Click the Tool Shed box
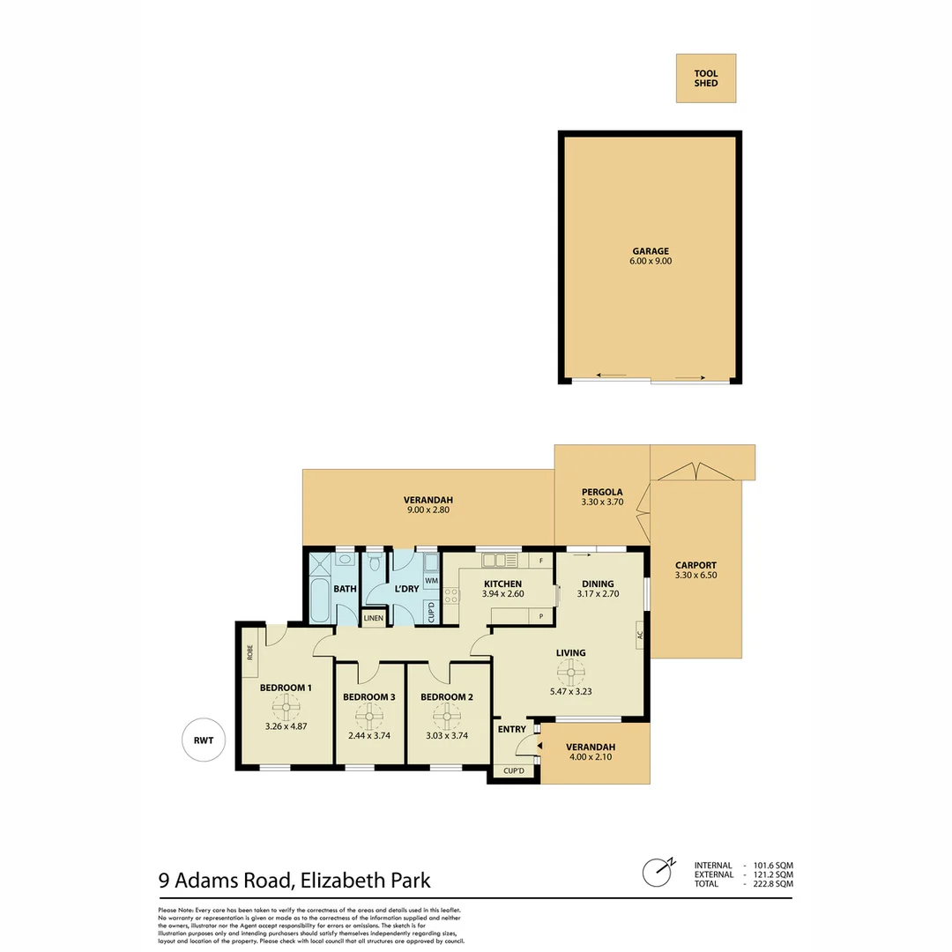click(x=705, y=78)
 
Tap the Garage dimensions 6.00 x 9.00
click(x=650, y=262)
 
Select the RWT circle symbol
click(x=204, y=740)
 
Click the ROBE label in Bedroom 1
click(x=250, y=652)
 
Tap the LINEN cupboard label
click(x=374, y=618)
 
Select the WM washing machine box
click(x=431, y=582)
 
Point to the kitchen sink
click(x=493, y=560)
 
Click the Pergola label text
click(x=602, y=492)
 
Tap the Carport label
click(x=695, y=566)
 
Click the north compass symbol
click(x=656, y=873)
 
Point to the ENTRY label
click(x=512, y=729)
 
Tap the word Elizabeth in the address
click(x=338, y=879)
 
